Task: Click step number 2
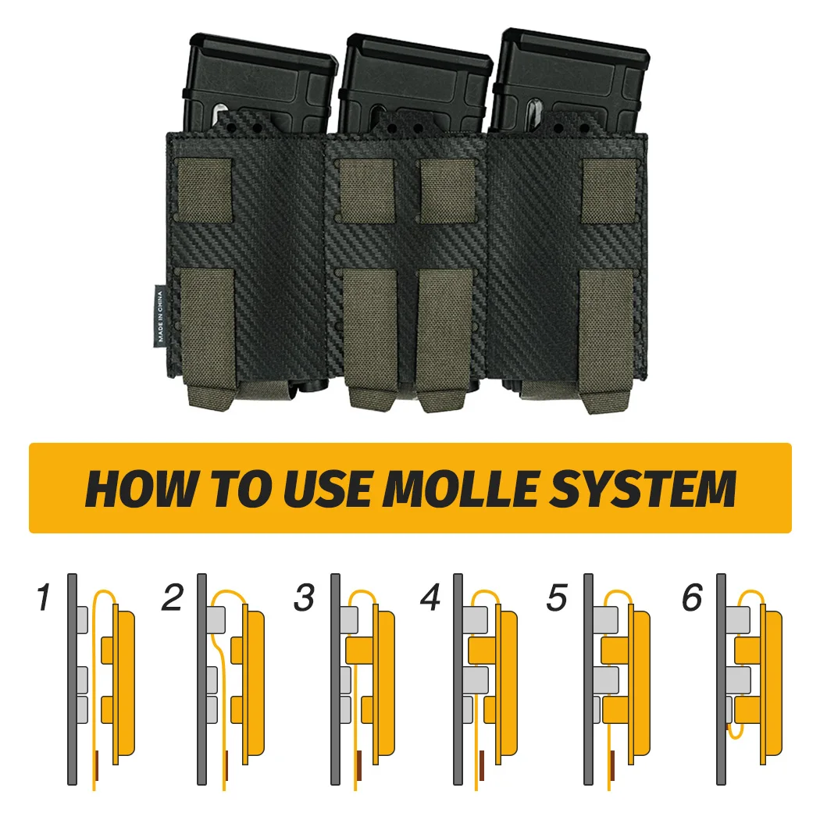pos(172,598)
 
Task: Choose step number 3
pos(304,598)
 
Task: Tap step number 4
pos(430,598)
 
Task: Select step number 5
pos(556,598)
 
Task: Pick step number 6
pos(692,598)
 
